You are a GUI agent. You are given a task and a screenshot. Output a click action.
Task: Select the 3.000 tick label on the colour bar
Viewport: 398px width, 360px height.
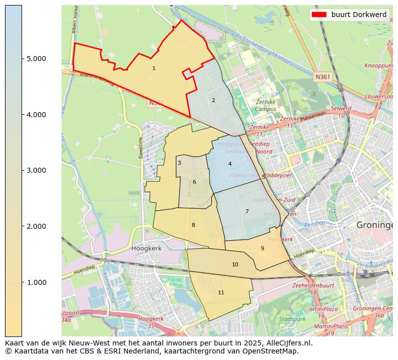click(x=36, y=170)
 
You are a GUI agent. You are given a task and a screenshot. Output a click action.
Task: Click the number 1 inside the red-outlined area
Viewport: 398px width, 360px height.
click(x=154, y=68)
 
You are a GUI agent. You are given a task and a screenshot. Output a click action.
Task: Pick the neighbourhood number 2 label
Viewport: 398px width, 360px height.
click(x=213, y=100)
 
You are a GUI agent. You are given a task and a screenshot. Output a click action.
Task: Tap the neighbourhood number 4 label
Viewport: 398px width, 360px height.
click(x=230, y=164)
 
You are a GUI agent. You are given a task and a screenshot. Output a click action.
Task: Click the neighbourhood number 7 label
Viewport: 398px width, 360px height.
click(x=247, y=211)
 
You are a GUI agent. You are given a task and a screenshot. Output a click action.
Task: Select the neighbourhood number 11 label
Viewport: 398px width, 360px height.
click(x=221, y=292)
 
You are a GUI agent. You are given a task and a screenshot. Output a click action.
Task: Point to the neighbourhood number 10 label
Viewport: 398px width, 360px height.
click(x=235, y=264)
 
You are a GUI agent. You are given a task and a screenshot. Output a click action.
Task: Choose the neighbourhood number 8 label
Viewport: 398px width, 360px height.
click(x=193, y=225)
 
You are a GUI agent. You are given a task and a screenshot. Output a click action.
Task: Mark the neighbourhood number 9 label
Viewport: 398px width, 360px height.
click(x=262, y=248)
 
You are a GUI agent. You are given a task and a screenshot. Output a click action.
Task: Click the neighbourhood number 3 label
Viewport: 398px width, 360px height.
click(x=179, y=163)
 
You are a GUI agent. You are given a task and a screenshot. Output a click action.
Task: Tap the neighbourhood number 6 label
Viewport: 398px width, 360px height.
click(x=194, y=182)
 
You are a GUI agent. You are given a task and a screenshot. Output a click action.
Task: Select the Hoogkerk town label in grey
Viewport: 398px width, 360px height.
click(x=145, y=248)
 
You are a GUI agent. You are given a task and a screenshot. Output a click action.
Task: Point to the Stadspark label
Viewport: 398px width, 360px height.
click(x=292, y=318)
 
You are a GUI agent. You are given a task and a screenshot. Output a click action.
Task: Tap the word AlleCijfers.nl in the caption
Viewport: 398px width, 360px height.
click(x=287, y=343)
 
